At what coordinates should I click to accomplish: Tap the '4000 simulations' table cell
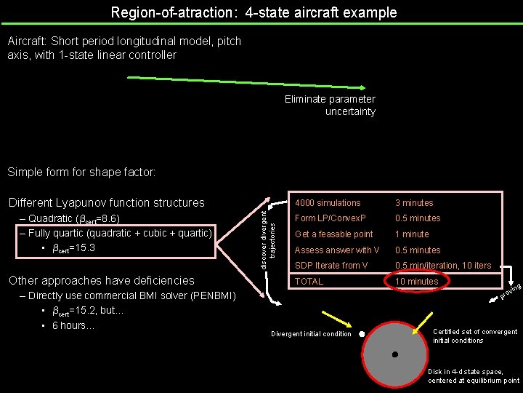(x=327, y=203)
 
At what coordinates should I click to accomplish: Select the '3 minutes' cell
(x=413, y=203)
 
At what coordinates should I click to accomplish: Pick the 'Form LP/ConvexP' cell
(x=330, y=218)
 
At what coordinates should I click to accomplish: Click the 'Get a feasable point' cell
(x=333, y=234)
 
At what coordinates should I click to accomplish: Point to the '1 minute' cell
(x=412, y=234)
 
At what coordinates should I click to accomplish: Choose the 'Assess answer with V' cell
(x=337, y=250)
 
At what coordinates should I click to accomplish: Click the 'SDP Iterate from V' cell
(x=331, y=266)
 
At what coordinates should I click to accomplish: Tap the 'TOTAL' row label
(x=309, y=281)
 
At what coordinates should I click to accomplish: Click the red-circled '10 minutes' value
(x=416, y=282)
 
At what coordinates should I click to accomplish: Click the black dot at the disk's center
(x=395, y=355)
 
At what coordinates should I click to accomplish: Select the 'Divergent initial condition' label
(x=311, y=335)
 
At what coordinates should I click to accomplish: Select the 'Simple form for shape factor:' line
(x=81, y=172)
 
